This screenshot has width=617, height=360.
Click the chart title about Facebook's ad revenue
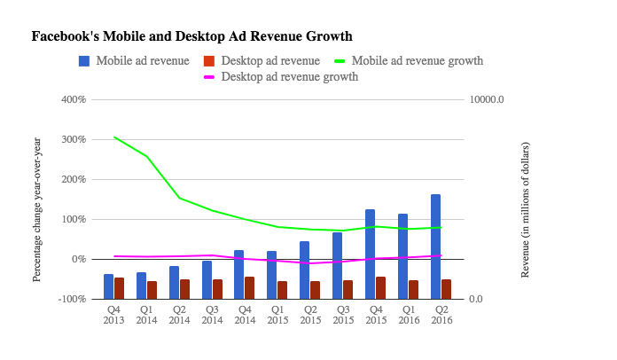(191, 37)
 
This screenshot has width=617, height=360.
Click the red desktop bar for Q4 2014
(250, 288)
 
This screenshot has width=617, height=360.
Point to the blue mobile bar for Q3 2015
(337, 266)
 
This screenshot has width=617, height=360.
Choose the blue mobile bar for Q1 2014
(141, 286)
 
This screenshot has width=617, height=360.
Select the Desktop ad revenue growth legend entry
(289, 77)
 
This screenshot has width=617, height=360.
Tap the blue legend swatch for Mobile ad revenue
(84, 61)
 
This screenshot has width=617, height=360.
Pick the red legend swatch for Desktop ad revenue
(209, 61)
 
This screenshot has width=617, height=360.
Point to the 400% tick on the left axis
(73, 99)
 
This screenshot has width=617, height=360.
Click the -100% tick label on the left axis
(71, 300)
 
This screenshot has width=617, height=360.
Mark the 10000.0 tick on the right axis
(487, 99)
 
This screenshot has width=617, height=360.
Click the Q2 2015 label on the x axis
(309, 315)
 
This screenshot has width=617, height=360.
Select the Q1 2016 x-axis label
(408, 315)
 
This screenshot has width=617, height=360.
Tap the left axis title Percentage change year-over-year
(37, 209)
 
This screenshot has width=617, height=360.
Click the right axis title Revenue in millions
(525, 209)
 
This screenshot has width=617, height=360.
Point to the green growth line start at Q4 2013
(113, 137)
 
